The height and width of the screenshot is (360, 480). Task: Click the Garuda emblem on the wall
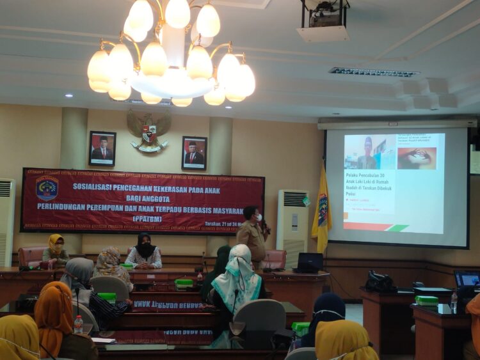[x=149, y=132]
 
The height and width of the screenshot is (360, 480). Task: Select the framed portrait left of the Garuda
[x=102, y=148]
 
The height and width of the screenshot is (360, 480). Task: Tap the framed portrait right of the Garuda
[x=194, y=153]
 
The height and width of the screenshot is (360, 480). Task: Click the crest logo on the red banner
[x=47, y=188]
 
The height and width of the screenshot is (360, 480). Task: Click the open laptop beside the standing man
[x=310, y=262]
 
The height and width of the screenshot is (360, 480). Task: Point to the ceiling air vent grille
[x=374, y=72]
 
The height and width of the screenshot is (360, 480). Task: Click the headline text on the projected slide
[x=369, y=184]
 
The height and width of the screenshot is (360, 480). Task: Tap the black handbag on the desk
[x=380, y=281]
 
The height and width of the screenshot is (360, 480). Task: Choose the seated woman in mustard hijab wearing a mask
[x=55, y=249]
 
